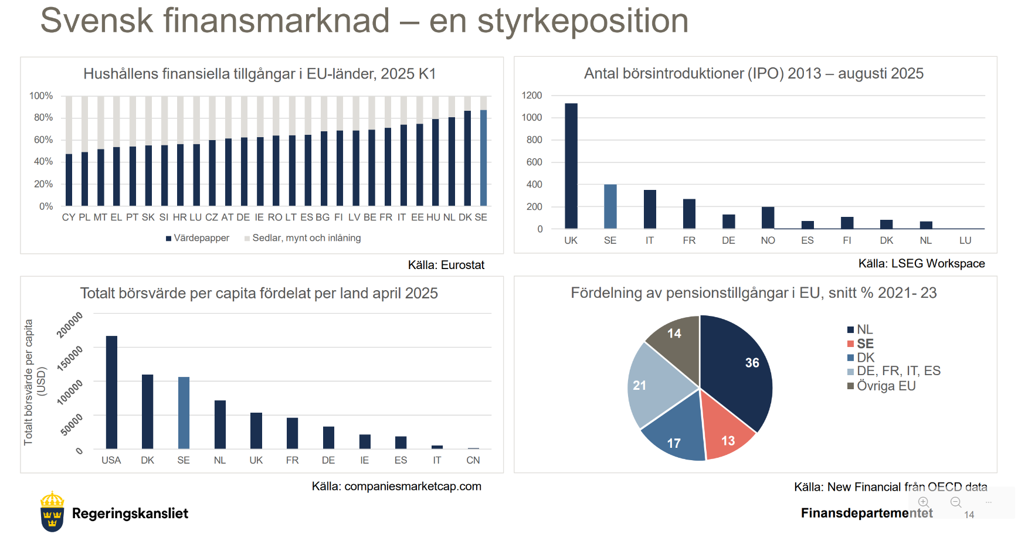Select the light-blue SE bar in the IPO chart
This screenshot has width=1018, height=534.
pyautogui.click(x=610, y=206)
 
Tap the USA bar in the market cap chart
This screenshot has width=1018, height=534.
pyautogui.click(x=111, y=392)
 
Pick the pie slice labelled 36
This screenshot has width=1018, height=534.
pyautogui.click(x=739, y=369)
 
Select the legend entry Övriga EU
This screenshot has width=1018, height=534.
pyautogui.click(x=885, y=386)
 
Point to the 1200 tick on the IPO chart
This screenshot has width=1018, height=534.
pyautogui.click(x=532, y=96)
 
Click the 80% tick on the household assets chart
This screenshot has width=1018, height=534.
pyautogui.click(x=43, y=117)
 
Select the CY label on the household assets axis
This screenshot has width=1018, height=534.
pyautogui.click(x=69, y=217)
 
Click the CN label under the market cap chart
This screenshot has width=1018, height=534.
pyautogui.click(x=473, y=460)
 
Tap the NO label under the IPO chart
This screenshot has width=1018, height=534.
pyautogui.click(x=768, y=240)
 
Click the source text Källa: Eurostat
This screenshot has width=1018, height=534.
pyautogui.click(x=446, y=265)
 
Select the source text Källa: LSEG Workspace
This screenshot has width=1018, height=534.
pyautogui.click(x=921, y=264)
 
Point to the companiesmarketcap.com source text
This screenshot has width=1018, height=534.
pyautogui.click(x=412, y=487)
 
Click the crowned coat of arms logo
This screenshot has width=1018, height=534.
pyautogui.click(x=52, y=511)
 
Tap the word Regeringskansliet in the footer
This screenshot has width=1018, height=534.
pyautogui.click(x=130, y=513)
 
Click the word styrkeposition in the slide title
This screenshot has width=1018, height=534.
pyautogui.click(x=583, y=21)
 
